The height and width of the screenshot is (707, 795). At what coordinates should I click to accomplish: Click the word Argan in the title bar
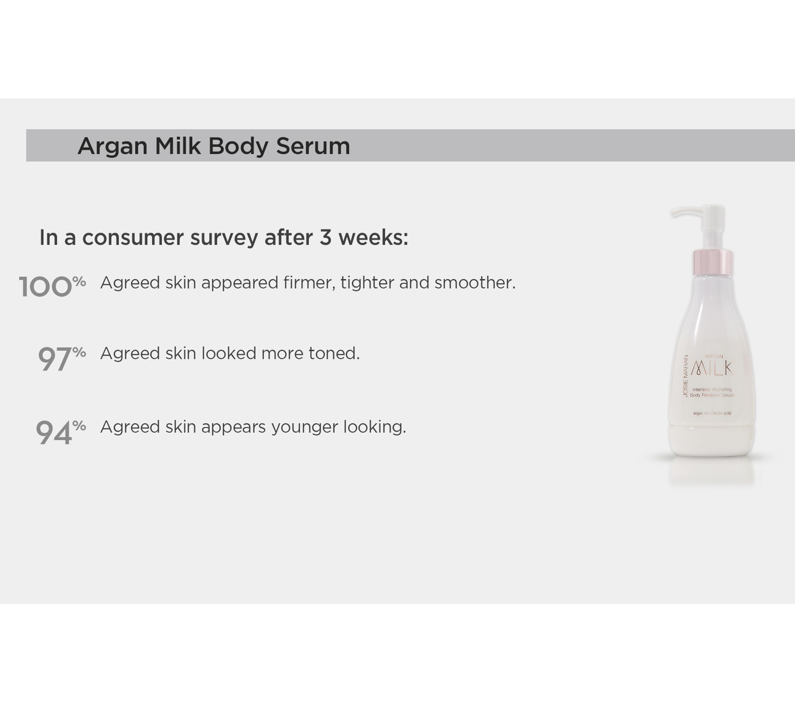point(112,147)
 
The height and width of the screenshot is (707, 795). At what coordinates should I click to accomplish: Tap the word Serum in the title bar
point(313,146)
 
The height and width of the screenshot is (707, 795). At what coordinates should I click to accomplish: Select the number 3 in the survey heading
point(325,237)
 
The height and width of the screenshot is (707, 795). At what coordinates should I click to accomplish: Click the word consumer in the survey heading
point(133,238)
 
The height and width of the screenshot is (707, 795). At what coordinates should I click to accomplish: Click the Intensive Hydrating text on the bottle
point(712,389)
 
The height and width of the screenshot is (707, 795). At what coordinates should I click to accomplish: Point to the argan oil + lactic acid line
point(712,413)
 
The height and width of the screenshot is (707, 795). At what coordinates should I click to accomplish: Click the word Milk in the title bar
point(178,146)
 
